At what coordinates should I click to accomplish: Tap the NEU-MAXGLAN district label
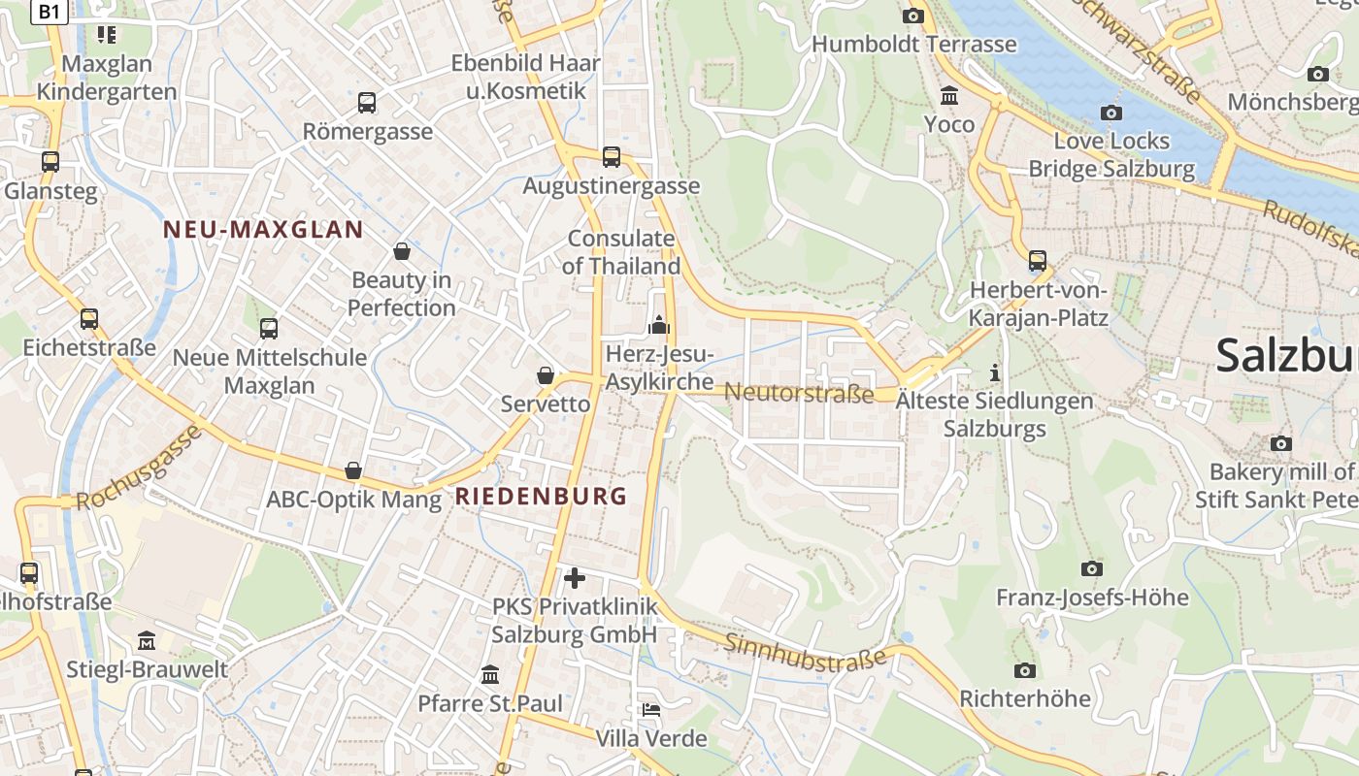[263, 230]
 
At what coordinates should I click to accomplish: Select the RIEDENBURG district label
[542, 497]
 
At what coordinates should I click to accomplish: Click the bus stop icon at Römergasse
[367, 103]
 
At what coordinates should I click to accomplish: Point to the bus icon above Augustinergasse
[612, 157]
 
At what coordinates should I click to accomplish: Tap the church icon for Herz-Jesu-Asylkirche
[660, 325]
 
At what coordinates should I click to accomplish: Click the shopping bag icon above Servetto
[546, 375]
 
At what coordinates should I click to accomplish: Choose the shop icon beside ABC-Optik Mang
[354, 471]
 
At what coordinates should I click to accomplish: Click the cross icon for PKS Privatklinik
[575, 578]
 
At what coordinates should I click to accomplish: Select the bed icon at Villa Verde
[651, 710]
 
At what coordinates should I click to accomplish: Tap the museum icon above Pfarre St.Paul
[491, 674]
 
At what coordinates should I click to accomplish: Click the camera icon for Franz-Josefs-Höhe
[1092, 568]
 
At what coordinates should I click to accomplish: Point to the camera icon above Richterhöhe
[1025, 670]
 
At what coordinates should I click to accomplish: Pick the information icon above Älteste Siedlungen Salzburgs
[994, 372]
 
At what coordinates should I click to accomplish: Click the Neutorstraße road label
[799, 393]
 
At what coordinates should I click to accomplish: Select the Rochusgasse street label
[139, 468]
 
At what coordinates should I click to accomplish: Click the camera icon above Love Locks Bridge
[1111, 113]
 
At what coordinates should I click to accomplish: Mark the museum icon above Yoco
[949, 96]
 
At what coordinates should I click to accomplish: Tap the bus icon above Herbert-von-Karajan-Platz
[1038, 261]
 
